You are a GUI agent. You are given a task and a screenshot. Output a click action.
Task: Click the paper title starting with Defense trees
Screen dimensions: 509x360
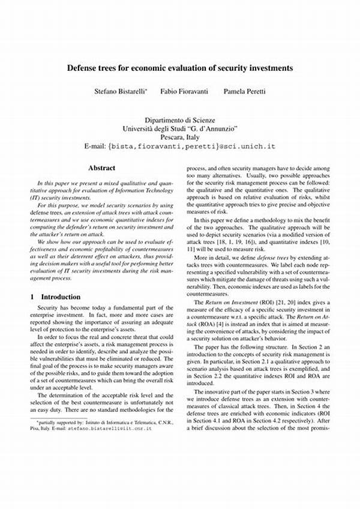coord(180,68)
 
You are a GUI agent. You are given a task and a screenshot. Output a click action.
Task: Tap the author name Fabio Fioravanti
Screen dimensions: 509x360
coord(180,91)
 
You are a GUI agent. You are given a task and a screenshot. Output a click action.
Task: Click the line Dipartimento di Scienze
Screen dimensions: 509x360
coord(180,121)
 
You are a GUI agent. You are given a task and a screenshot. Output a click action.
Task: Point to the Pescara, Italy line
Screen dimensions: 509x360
coord(180,137)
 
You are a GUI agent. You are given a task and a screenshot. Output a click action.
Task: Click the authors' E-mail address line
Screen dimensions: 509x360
coord(180,146)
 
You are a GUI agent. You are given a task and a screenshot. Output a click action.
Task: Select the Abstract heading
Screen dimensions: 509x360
coord(101,169)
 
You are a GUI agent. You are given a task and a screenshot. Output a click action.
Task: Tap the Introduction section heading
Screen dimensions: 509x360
coord(61,297)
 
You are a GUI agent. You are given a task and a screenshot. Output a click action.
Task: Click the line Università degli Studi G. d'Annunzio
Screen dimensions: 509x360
coord(180,129)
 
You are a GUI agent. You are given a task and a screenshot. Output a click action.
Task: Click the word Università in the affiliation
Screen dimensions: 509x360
coord(140,129)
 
